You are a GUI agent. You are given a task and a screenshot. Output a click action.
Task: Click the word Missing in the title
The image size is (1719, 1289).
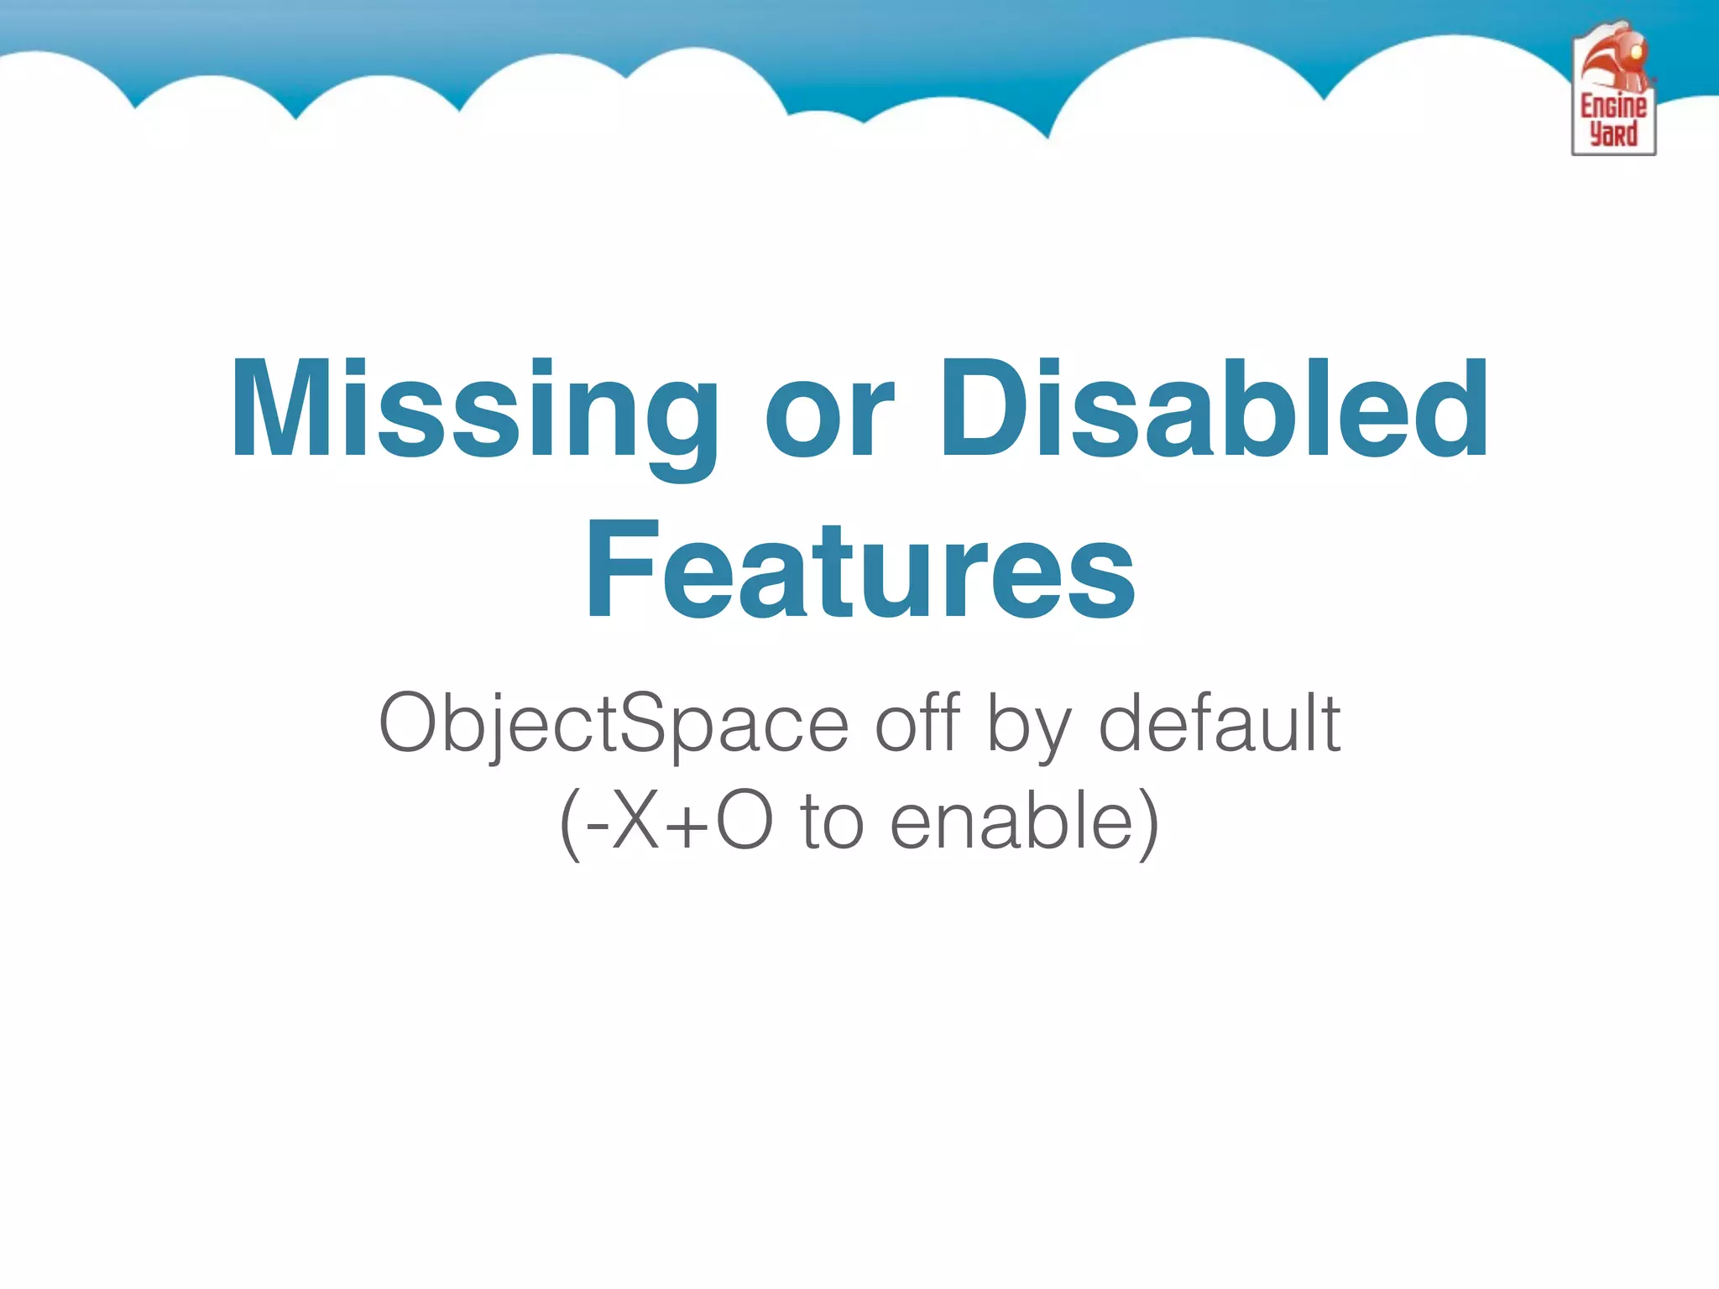click(474, 411)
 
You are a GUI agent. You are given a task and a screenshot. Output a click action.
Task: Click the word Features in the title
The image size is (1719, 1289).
click(859, 571)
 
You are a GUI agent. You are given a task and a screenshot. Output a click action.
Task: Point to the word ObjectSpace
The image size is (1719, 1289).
click(614, 723)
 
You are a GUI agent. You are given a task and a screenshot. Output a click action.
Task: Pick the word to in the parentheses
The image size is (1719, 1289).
click(832, 822)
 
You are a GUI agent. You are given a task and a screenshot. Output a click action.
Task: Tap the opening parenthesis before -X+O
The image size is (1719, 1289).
click(570, 824)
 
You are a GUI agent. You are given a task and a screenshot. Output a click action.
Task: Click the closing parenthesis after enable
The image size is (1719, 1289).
click(1147, 824)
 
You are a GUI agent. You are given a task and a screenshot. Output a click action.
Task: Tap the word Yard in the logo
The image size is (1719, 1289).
click(1613, 134)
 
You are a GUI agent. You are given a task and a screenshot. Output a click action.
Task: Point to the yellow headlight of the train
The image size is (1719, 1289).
click(1635, 52)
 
